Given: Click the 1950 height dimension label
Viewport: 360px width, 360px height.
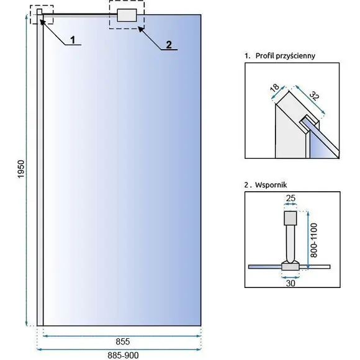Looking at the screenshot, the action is [x=21, y=169].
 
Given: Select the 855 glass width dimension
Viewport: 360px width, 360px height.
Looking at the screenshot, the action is [x=123, y=341].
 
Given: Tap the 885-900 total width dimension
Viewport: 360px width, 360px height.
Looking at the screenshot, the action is [x=123, y=356].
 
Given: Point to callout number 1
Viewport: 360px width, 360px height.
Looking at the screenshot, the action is [x=73, y=40].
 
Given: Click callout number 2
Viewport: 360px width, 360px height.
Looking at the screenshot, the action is [x=169, y=45].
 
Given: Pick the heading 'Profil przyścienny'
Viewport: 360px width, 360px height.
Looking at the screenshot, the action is [x=286, y=56].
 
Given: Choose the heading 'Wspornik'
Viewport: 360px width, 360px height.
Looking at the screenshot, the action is [x=271, y=185].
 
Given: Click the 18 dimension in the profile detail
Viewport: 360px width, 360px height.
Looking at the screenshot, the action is [x=275, y=88].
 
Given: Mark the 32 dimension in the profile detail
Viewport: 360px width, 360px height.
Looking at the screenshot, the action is [x=314, y=96].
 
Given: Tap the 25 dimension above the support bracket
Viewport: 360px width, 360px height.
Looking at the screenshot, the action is [x=290, y=198].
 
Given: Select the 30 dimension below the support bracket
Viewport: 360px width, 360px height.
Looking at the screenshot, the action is [x=290, y=283].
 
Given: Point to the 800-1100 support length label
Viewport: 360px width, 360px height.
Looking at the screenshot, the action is [x=313, y=240].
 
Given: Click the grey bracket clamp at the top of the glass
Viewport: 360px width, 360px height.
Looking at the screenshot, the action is [x=127, y=15].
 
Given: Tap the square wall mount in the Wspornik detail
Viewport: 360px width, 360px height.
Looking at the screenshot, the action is [x=290, y=218].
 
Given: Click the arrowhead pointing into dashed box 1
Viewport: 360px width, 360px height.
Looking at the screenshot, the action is [x=43, y=22].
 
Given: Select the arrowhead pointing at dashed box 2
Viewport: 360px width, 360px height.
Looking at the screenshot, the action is [x=141, y=30].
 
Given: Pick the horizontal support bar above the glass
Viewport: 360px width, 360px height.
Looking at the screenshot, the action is [x=79, y=15].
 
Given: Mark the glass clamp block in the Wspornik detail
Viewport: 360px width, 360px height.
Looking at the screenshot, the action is [x=290, y=267].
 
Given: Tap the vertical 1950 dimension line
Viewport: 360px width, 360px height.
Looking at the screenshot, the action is [x=27, y=170].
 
